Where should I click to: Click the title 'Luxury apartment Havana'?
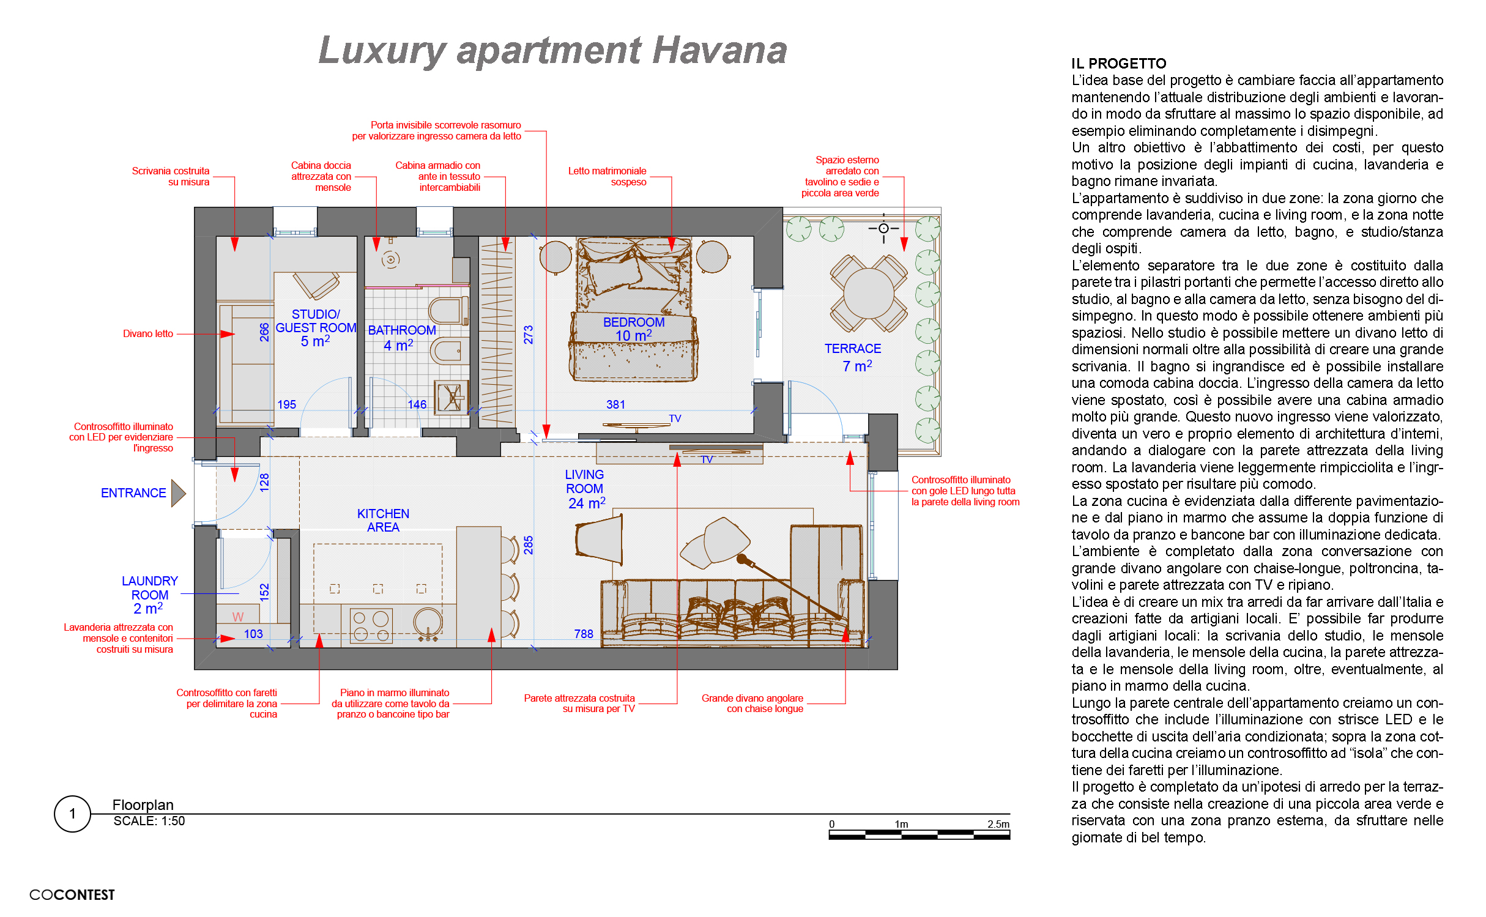point(552,51)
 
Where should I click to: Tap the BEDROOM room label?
point(634,322)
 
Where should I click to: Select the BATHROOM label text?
point(402,330)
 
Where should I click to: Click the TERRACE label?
point(853,349)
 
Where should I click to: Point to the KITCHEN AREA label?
point(383,521)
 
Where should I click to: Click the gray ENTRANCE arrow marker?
point(178,493)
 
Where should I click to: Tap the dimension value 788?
point(584,634)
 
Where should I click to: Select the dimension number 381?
point(615,405)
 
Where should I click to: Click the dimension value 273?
point(529,335)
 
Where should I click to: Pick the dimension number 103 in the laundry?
point(253,634)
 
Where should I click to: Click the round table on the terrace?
point(869,294)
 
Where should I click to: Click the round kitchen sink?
point(428,623)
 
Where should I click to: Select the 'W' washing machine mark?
point(238,617)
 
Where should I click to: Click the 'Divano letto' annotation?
point(148,334)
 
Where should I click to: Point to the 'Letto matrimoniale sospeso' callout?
point(607,177)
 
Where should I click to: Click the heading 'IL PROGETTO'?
point(1119,64)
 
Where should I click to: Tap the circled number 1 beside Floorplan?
point(73,814)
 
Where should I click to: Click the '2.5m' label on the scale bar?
point(998,824)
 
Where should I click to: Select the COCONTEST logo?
point(72,895)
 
